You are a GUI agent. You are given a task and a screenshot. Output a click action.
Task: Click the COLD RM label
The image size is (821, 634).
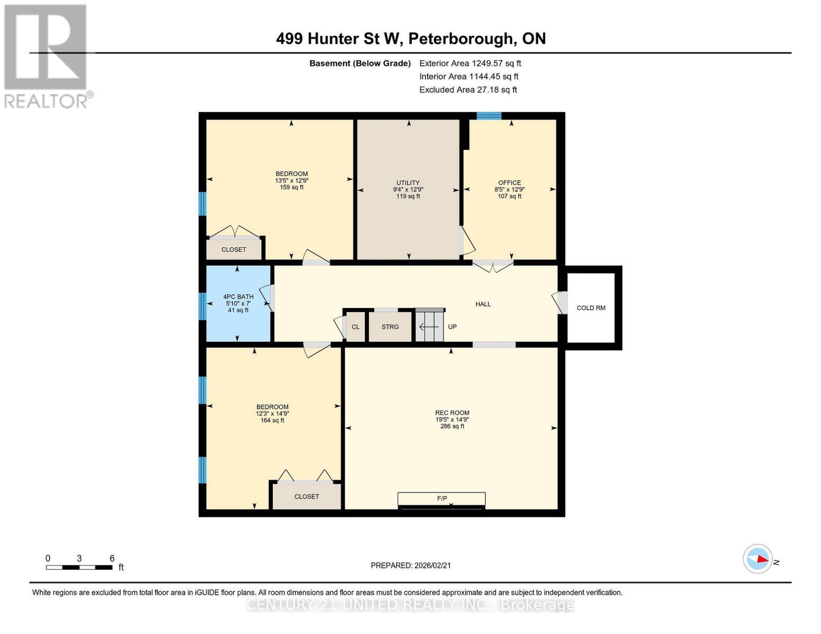point(591,308)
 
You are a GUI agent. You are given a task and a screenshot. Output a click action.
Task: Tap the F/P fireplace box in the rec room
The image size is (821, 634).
point(441,499)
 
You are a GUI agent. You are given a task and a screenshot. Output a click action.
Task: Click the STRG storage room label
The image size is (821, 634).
point(390,327)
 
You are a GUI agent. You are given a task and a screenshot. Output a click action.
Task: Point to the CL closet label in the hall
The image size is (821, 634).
point(356,327)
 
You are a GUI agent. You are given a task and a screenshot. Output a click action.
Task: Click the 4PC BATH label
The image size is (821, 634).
point(238,297)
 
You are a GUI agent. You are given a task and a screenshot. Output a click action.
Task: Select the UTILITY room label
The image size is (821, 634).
point(408,183)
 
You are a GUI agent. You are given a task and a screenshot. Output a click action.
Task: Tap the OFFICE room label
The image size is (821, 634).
point(509,183)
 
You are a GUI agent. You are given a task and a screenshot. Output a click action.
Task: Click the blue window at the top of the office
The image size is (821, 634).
point(488,116)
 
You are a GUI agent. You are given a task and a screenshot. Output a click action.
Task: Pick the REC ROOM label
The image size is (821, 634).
point(452,413)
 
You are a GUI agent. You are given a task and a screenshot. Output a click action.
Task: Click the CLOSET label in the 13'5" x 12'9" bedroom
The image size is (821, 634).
point(234,249)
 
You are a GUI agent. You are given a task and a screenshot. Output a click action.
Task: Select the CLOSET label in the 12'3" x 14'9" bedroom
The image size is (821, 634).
point(307,497)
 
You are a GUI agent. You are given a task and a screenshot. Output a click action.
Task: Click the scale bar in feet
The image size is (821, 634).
point(79,567)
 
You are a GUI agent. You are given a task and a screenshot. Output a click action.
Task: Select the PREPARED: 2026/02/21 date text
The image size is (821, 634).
point(411,565)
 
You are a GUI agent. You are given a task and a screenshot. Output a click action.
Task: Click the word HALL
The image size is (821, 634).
point(483,304)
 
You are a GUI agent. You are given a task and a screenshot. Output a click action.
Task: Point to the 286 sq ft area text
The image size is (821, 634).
point(452,426)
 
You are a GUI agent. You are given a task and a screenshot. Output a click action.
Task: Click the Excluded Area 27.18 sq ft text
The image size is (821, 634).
point(468,90)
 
